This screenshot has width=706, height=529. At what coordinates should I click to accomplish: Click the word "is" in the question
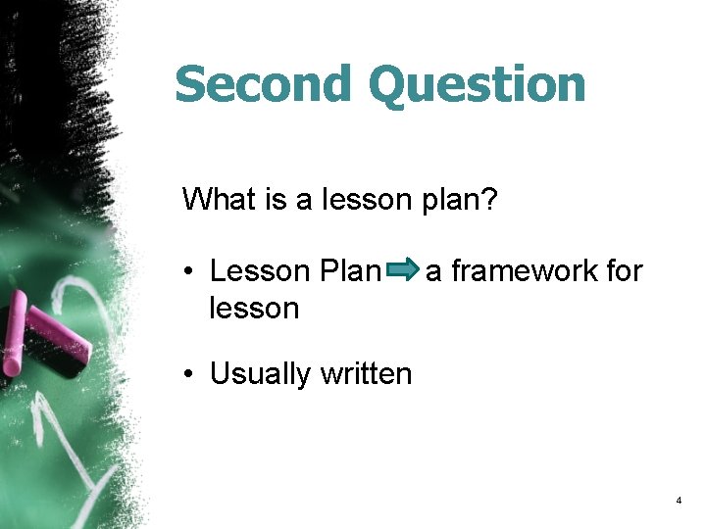tap(276, 200)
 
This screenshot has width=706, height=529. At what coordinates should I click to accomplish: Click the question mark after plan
tap(491, 200)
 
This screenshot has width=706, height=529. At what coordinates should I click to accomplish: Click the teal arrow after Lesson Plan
tap(404, 269)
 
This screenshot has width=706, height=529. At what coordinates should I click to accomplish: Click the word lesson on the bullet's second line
tap(254, 308)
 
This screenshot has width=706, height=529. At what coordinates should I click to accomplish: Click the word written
tap(367, 373)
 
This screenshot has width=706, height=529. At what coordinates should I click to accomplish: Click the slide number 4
tap(678, 501)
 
